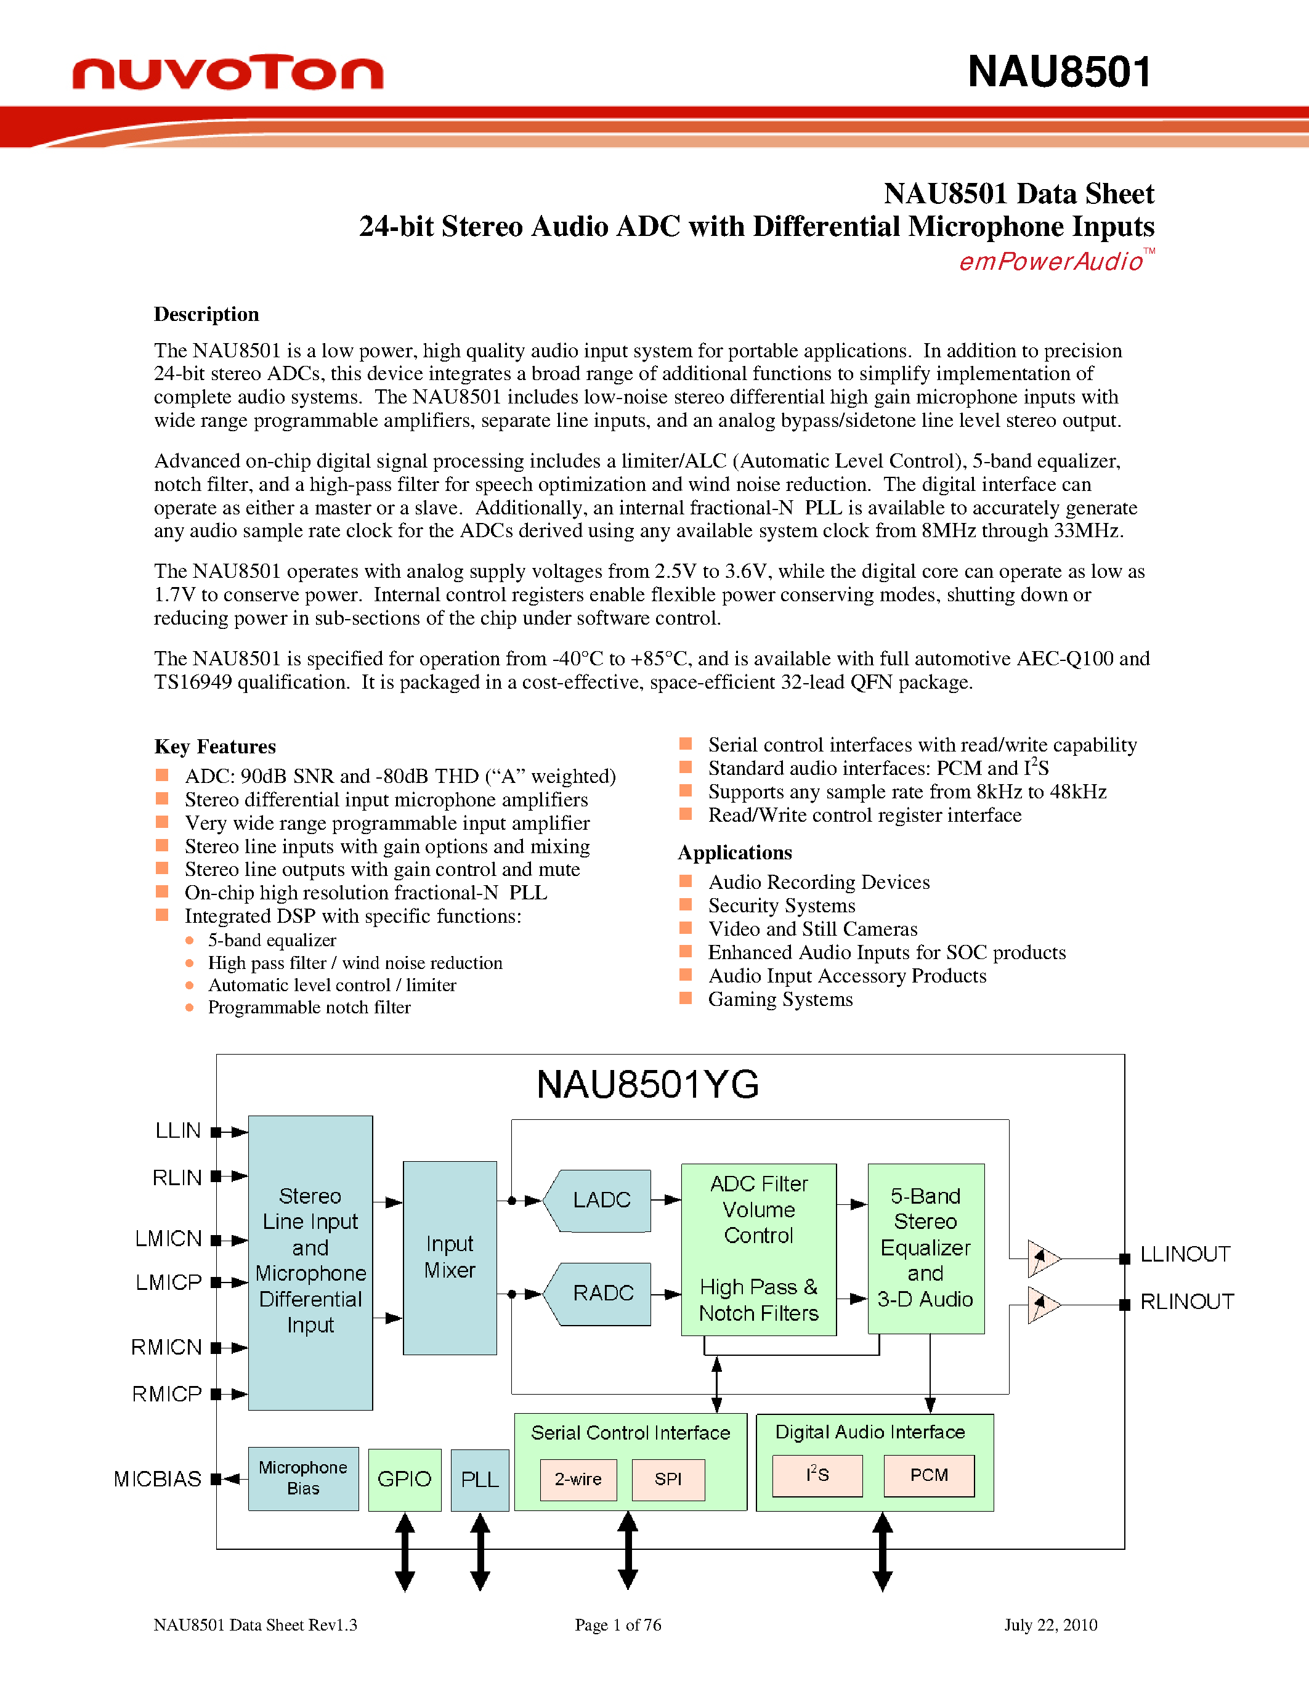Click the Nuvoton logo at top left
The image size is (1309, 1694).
(227, 72)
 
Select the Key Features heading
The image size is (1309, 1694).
(215, 746)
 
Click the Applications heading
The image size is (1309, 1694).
(734, 853)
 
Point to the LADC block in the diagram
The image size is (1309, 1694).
(601, 1200)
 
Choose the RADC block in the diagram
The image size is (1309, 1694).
(601, 1293)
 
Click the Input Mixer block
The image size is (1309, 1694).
(450, 1257)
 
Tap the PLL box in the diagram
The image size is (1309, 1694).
(479, 1479)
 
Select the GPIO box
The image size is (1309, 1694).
(404, 1479)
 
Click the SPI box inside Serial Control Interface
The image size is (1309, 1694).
(668, 1479)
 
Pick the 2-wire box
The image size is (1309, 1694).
(578, 1479)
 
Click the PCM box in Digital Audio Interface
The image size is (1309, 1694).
(928, 1475)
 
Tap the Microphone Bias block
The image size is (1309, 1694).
(303, 1478)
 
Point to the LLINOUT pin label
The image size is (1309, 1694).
(1184, 1254)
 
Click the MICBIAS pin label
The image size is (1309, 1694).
(158, 1479)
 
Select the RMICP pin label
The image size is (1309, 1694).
(167, 1394)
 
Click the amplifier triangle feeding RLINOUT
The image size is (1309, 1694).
(1042, 1305)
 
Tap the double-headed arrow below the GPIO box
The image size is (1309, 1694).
(405, 1551)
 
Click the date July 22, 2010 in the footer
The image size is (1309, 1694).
(1050, 1624)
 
